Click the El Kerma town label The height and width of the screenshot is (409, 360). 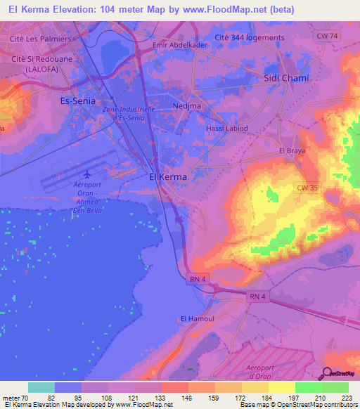(169, 177)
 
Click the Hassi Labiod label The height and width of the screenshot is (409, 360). (226, 129)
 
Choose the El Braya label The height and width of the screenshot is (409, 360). (290, 151)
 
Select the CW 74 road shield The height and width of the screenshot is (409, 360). (326, 35)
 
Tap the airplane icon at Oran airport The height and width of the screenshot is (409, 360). (86, 174)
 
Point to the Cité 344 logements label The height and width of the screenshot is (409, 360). (250, 38)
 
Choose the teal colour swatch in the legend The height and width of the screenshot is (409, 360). (41, 387)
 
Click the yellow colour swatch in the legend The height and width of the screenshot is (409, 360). (282, 387)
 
